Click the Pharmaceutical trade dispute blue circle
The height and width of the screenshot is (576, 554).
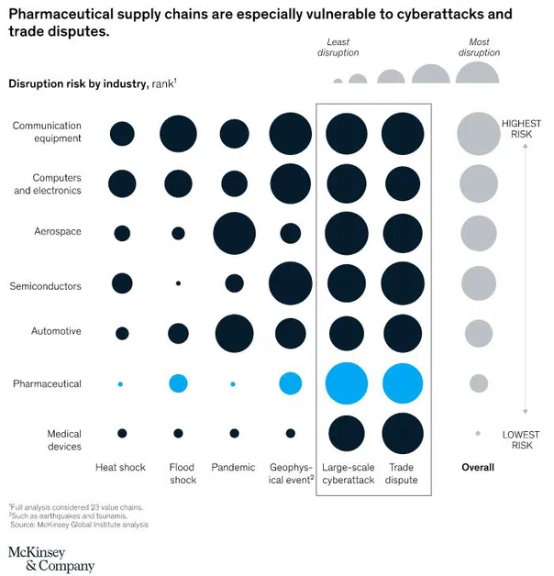point(402,383)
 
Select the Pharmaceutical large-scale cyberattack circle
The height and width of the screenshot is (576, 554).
point(347,383)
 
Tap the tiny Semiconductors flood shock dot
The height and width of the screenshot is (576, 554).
point(178,283)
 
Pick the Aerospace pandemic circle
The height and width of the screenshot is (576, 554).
point(234,233)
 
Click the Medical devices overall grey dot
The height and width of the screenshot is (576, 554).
point(478,433)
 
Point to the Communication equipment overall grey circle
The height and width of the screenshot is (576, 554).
point(478,133)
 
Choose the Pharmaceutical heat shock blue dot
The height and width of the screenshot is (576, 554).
point(121,383)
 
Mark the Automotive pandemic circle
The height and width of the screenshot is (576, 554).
point(234,333)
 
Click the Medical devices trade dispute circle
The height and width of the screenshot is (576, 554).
point(402,433)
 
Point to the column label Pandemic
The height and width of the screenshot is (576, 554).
point(233,468)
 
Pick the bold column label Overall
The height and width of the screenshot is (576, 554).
point(477,468)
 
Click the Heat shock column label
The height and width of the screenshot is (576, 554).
point(120,468)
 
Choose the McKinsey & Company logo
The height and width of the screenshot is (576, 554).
point(51,559)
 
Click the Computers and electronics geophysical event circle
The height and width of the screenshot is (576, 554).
point(290,183)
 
